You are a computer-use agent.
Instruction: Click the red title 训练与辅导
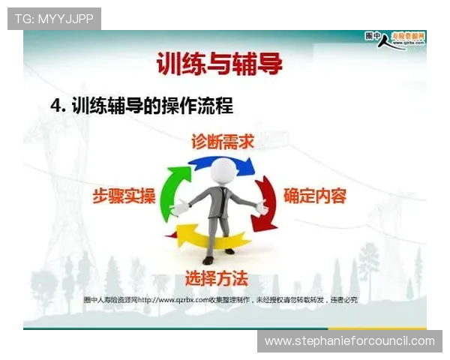[220, 64]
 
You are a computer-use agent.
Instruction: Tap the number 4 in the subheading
[55, 106]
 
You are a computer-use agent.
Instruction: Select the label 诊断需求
[223, 142]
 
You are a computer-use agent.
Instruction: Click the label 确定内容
[314, 196]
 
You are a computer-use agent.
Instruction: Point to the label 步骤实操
[124, 196]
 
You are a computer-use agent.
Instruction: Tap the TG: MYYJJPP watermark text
[54, 19]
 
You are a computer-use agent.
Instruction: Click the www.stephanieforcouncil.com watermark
[349, 341]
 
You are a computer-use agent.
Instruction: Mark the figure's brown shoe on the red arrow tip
[208, 259]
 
